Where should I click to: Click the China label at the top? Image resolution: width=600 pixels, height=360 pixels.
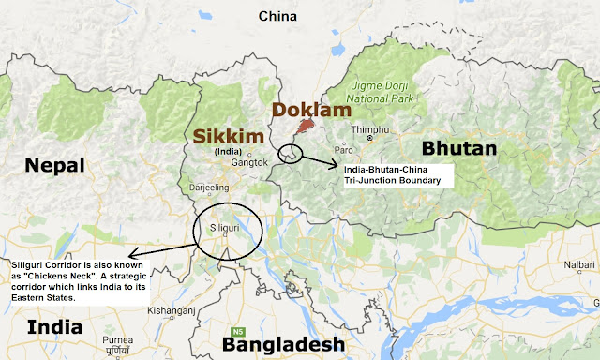pos(277,16)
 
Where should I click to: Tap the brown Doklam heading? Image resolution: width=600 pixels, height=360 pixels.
pos(305,110)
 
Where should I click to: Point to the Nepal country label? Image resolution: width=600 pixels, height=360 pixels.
pos(55,167)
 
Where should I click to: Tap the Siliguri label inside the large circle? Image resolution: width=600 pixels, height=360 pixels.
pos(227,226)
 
